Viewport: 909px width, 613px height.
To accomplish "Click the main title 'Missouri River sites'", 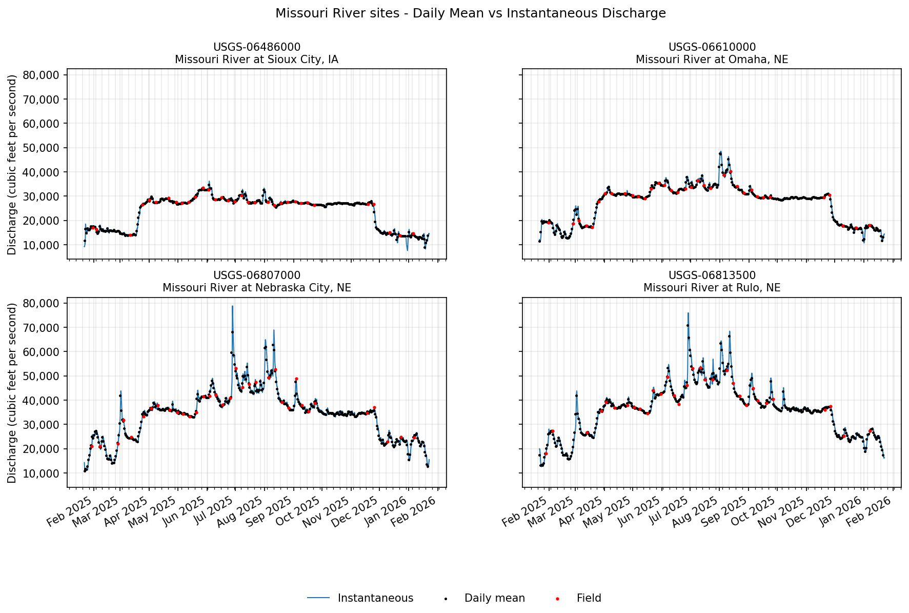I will [470, 13].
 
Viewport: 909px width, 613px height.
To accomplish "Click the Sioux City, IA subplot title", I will [256, 53].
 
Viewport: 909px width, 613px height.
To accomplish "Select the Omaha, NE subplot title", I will [712, 53].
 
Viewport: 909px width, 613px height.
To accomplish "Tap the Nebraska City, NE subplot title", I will [256, 282].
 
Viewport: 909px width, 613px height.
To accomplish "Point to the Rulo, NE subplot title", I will [712, 282].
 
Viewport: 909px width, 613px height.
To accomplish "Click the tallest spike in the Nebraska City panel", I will [232, 306].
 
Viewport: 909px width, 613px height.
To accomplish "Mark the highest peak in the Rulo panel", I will [688, 313].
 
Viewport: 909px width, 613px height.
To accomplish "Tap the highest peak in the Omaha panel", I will [720, 152].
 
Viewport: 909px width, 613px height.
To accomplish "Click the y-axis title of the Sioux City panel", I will [12, 164].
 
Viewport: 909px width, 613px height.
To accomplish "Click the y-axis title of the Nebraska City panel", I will [12, 392].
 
